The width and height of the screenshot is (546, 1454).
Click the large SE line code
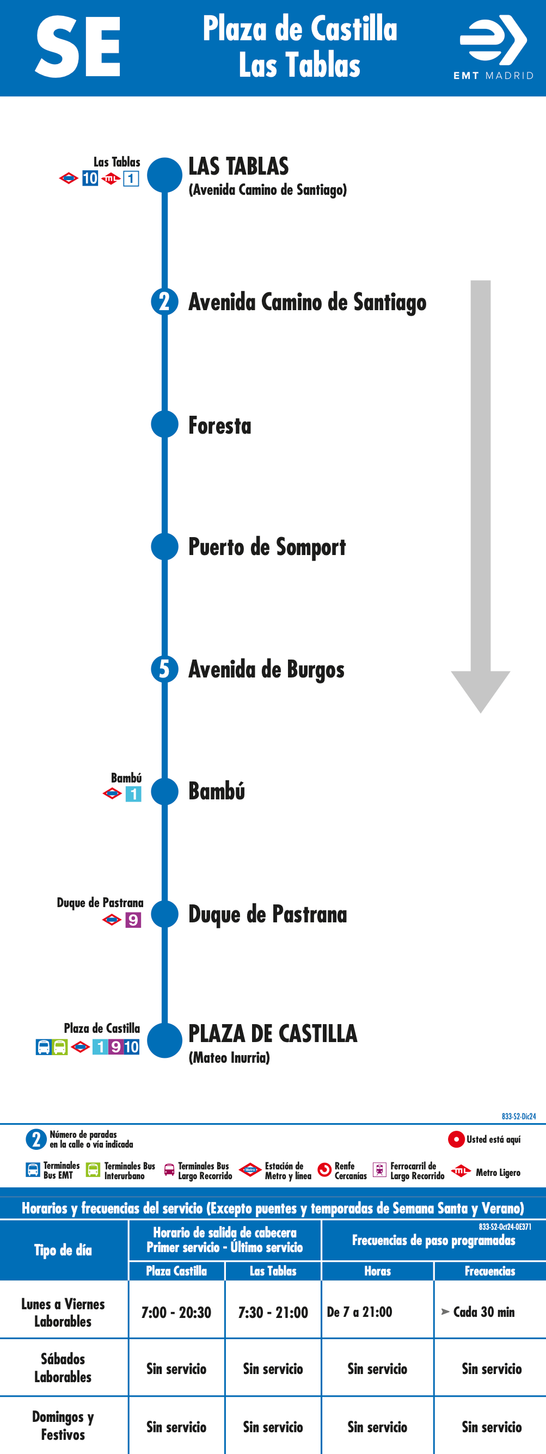pos(78,47)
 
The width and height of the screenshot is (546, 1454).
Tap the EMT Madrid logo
pos(494,47)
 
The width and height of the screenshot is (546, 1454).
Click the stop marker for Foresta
pos(165,424)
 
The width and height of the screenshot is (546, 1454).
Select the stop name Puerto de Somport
pos(267,547)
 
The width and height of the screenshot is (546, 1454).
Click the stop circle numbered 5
pos(165,669)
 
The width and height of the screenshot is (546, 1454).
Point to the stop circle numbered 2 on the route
pos(165,301)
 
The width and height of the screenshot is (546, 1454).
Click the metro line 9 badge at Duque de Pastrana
pos(133,920)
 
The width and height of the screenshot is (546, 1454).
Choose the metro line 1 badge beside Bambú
pos(133,794)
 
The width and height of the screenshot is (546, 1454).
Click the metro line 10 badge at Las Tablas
pos(90,178)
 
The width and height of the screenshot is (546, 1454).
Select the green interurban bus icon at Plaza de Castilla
pos(60,1047)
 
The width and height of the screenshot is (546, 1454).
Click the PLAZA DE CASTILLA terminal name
pos(273,1033)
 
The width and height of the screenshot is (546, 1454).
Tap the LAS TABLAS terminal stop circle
pos(165,175)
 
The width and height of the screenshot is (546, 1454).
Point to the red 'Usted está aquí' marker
pos(456,1139)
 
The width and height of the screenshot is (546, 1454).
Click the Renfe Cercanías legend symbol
pos(324,1170)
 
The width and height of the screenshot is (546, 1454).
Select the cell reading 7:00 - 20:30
pos(176,1313)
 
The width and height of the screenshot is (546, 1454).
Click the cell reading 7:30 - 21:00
pos(273,1313)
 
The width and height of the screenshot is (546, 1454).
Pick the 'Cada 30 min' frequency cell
pos(490,1313)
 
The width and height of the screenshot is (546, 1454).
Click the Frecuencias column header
pos(490,1271)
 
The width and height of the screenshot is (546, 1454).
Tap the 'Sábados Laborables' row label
pos(63,1367)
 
